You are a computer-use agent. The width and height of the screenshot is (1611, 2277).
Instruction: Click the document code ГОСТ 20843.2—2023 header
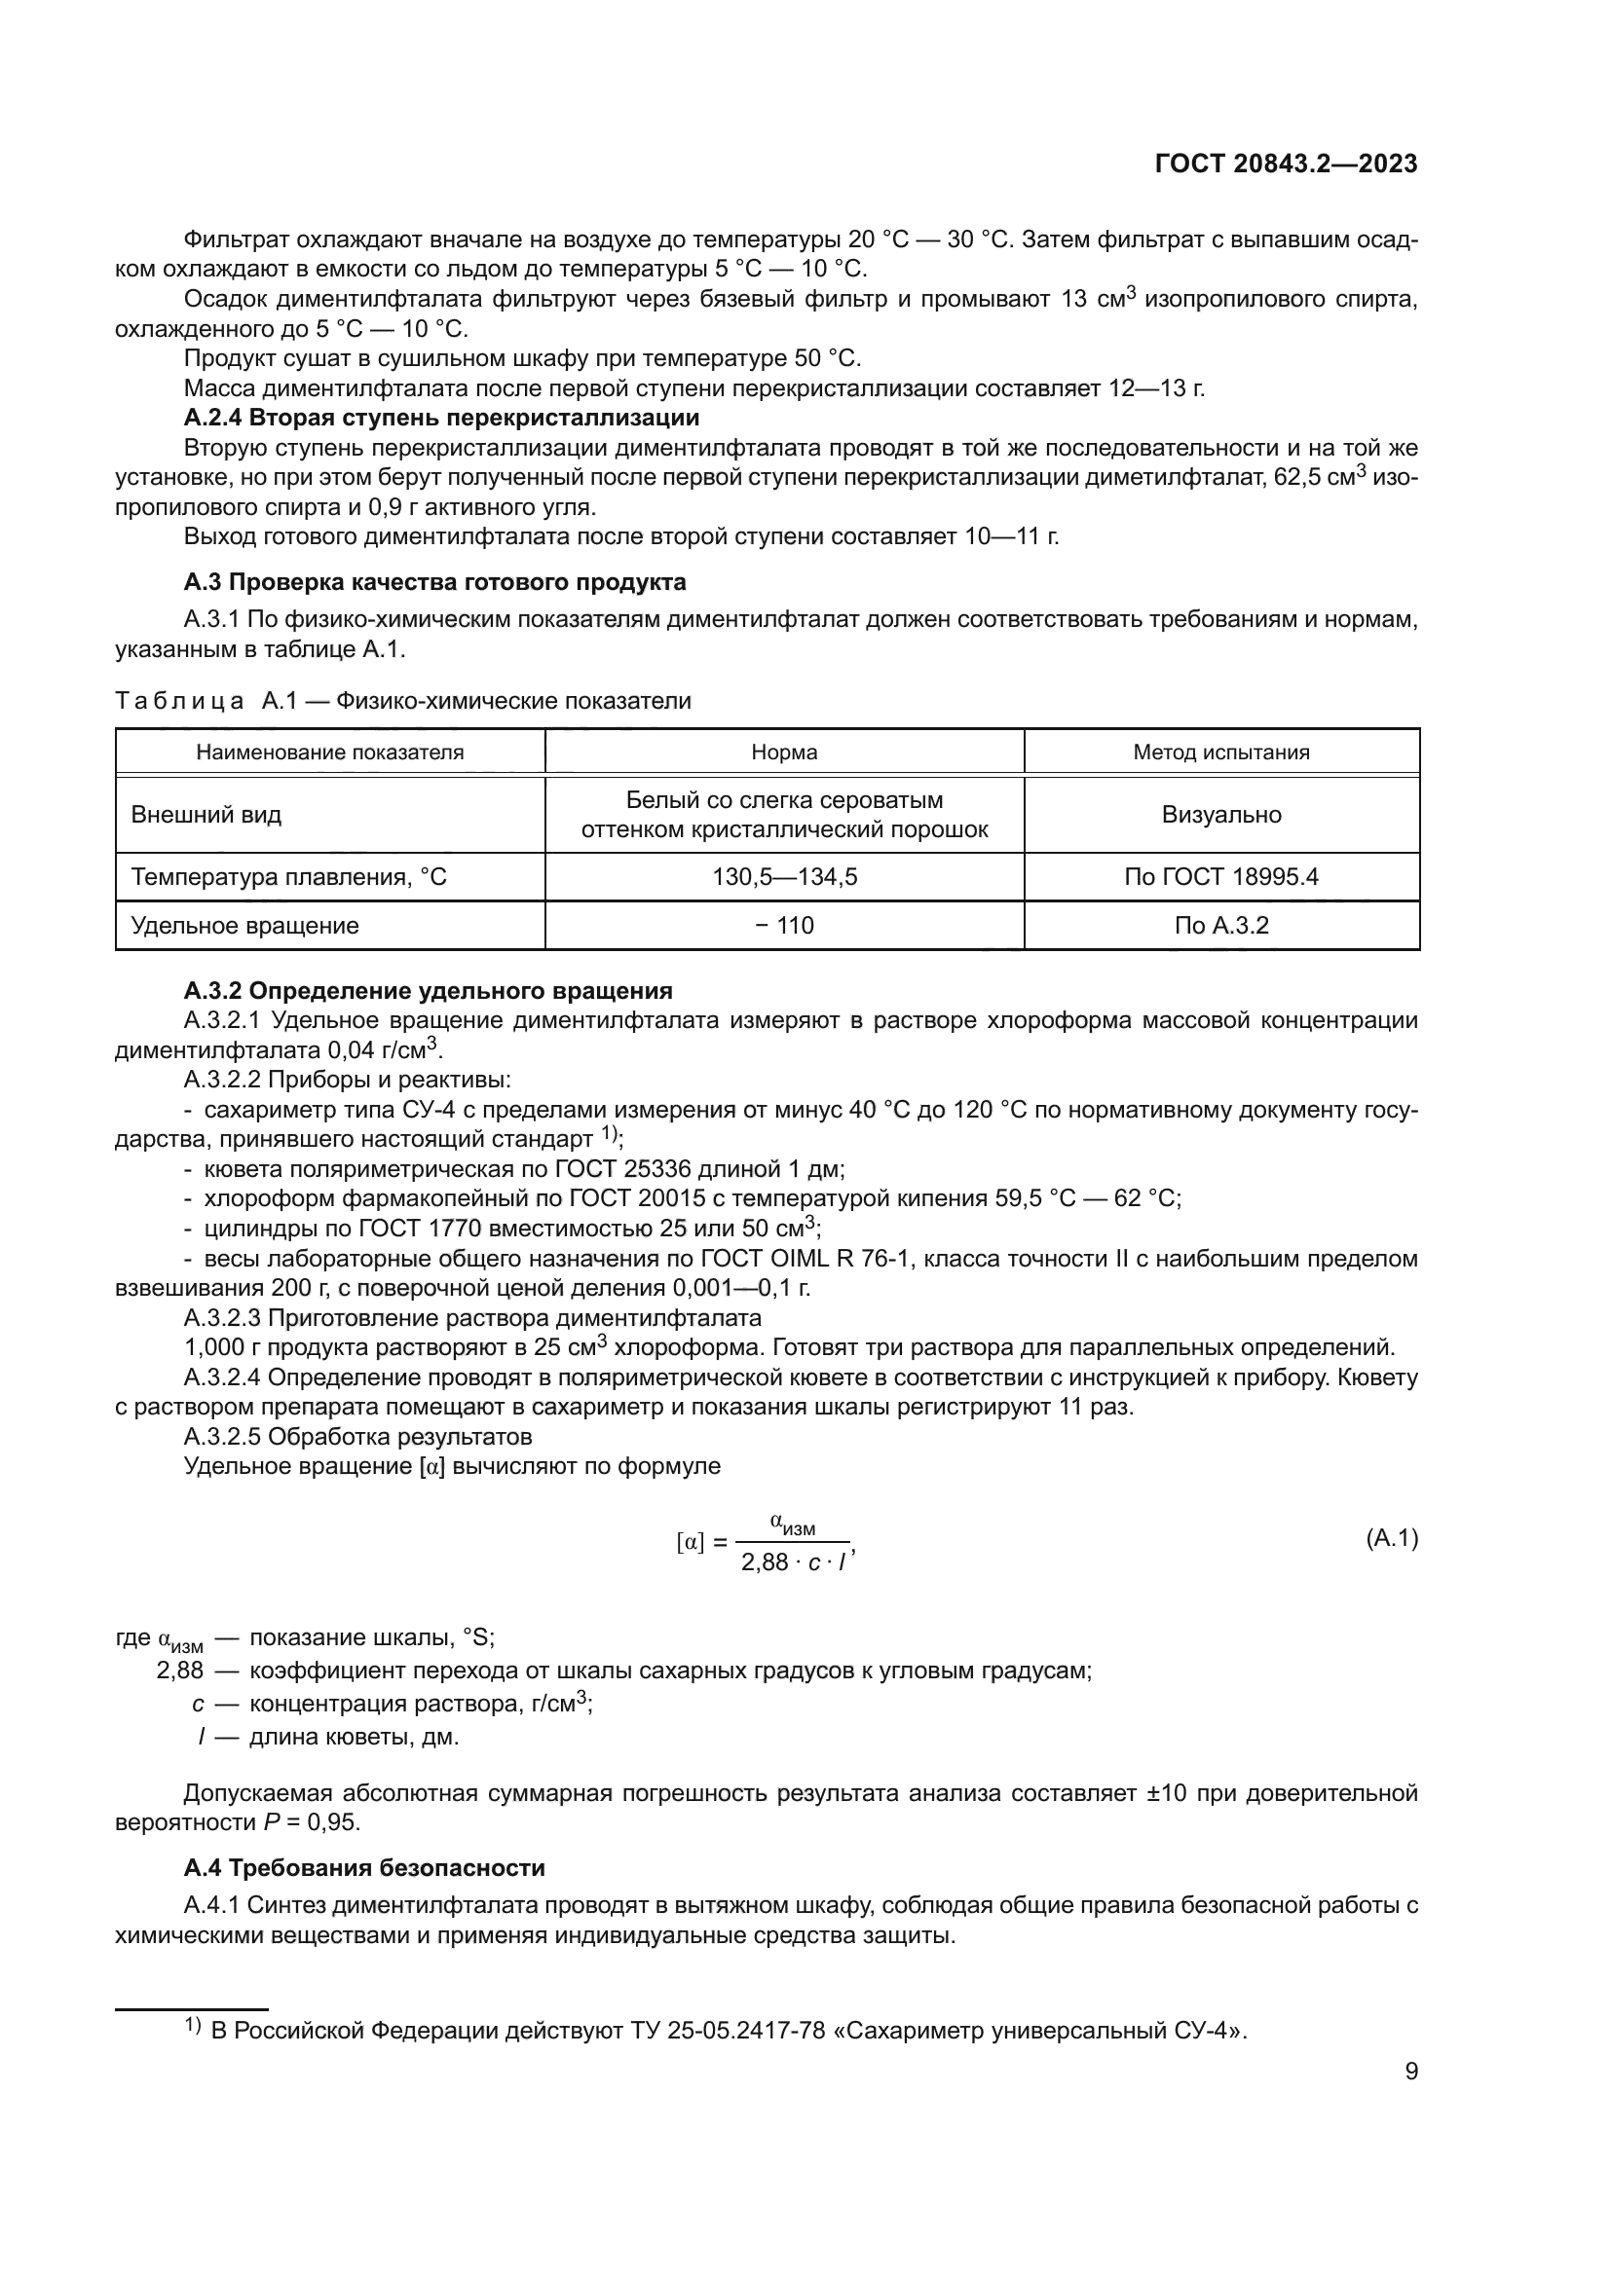(x=1286, y=164)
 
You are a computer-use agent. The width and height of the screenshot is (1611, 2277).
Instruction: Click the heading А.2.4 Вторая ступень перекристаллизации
(x=441, y=418)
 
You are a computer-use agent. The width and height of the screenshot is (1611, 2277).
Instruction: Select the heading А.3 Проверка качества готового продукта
(x=434, y=581)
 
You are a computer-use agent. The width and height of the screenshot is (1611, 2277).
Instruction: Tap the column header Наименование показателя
(x=329, y=752)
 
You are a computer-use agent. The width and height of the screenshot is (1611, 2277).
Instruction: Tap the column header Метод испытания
(x=1221, y=752)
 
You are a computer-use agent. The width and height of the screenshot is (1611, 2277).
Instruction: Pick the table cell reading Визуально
(x=1221, y=815)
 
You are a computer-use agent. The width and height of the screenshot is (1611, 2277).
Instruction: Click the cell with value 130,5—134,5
(x=784, y=877)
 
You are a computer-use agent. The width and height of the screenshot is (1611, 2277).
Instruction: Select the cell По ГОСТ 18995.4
(x=1221, y=877)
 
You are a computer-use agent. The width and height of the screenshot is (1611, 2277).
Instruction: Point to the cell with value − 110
(x=784, y=925)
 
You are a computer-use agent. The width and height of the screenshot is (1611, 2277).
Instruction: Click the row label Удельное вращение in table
(x=245, y=925)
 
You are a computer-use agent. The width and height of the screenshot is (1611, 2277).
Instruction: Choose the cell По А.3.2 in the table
(x=1221, y=925)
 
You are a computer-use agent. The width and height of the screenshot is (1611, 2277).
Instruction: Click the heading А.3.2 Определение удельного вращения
(x=428, y=991)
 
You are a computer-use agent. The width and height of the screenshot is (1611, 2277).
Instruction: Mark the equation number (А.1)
(x=1391, y=1538)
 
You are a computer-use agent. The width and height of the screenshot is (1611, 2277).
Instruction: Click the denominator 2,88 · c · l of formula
(x=794, y=1563)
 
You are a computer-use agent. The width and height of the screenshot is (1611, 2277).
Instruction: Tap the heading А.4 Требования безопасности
(x=364, y=1868)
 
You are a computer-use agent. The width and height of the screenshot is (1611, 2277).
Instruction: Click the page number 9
(x=1410, y=2072)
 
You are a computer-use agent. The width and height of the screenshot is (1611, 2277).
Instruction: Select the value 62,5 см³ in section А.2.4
(x=1318, y=477)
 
